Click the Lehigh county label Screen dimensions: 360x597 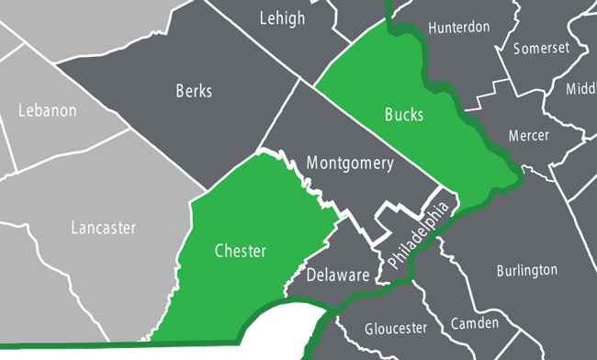click(x=282, y=18)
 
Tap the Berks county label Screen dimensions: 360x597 click(x=193, y=91)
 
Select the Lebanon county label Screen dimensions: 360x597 click(x=47, y=110)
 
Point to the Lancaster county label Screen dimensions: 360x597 click(x=103, y=227)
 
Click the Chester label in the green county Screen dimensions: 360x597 click(x=240, y=250)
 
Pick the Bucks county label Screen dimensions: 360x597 click(x=404, y=115)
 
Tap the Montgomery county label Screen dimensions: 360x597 click(x=349, y=164)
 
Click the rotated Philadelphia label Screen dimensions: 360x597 click(x=419, y=236)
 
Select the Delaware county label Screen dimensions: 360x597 click(x=337, y=275)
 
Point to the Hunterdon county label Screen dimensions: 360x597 click(x=458, y=28)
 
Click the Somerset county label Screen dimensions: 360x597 click(x=542, y=48)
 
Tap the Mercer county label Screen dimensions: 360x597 click(x=528, y=136)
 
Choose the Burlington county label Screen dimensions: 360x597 click(x=526, y=270)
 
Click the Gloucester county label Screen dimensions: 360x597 click(x=396, y=328)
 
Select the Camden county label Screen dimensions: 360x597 click(x=475, y=323)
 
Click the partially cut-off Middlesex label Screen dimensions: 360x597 click(x=580, y=88)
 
